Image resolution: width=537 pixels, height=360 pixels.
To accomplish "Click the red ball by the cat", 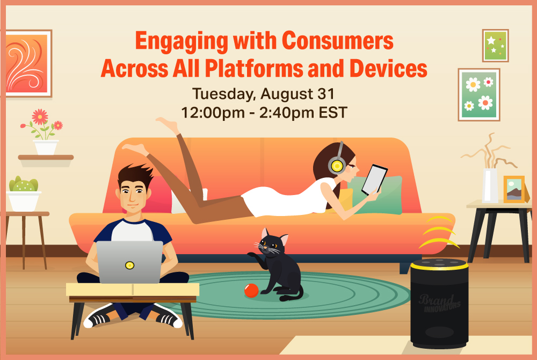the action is click(x=251, y=291).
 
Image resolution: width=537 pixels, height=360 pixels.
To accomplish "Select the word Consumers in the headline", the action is click(x=337, y=41).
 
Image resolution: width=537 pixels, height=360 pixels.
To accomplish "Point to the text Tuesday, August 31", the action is click(x=263, y=94).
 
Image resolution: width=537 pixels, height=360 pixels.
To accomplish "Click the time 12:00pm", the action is click(x=213, y=112).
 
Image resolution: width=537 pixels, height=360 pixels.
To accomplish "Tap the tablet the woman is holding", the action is click(x=374, y=179).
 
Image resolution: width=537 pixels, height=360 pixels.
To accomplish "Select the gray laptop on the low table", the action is click(x=129, y=262).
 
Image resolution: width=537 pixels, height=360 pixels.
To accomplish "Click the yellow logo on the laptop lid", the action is click(x=129, y=265).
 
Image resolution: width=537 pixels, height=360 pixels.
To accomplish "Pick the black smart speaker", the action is click(x=439, y=303).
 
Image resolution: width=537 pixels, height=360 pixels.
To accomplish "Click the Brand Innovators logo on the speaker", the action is click(x=440, y=303).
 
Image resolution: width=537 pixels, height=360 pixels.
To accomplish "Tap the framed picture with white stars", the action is click(x=495, y=46).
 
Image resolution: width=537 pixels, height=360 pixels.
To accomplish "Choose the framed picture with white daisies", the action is click(x=479, y=95).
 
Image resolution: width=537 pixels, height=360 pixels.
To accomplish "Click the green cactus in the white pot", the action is click(x=23, y=184).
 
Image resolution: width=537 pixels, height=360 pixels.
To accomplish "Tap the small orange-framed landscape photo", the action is click(x=514, y=189).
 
